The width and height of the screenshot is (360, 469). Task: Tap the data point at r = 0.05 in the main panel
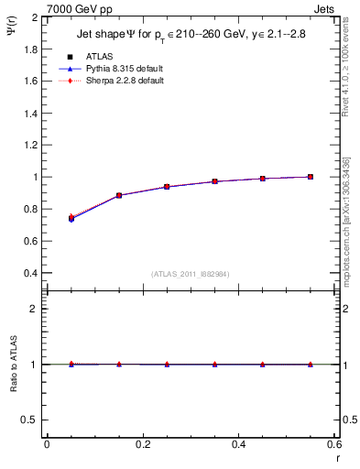click(x=71, y=219)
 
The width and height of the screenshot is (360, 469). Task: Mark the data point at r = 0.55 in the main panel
click(x=311, y=177)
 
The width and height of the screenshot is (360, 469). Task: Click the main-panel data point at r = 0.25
click(x=167, y=187)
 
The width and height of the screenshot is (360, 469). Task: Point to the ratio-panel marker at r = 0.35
click(x=214, y=365)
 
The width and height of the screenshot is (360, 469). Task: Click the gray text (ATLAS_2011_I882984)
click(x=191, y=274)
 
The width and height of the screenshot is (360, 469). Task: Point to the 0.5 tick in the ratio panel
click(x=32, y=420)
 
